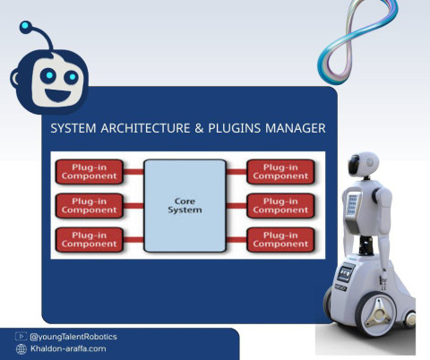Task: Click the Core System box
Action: point(185,206)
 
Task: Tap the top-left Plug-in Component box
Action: point(90,172)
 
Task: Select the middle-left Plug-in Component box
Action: point(90,206)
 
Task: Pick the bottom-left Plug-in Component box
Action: point(90,240)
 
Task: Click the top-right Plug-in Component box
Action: point(280,172)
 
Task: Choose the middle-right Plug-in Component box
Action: point(280,206)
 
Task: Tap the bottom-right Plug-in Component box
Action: point(280,240)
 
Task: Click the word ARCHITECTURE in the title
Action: point(145,128)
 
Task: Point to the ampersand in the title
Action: point(199,128)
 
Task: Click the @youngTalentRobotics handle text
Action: point(73,337)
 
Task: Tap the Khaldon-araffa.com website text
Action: point(68,348)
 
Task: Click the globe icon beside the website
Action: point(21,349)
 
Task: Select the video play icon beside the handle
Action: point(21,337)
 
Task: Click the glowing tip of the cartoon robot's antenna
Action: point(25,26)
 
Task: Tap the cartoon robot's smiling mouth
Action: point(58,95)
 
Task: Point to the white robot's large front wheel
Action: point(376,315)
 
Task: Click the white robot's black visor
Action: point(354,165)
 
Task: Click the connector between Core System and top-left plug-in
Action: point(133,172)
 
